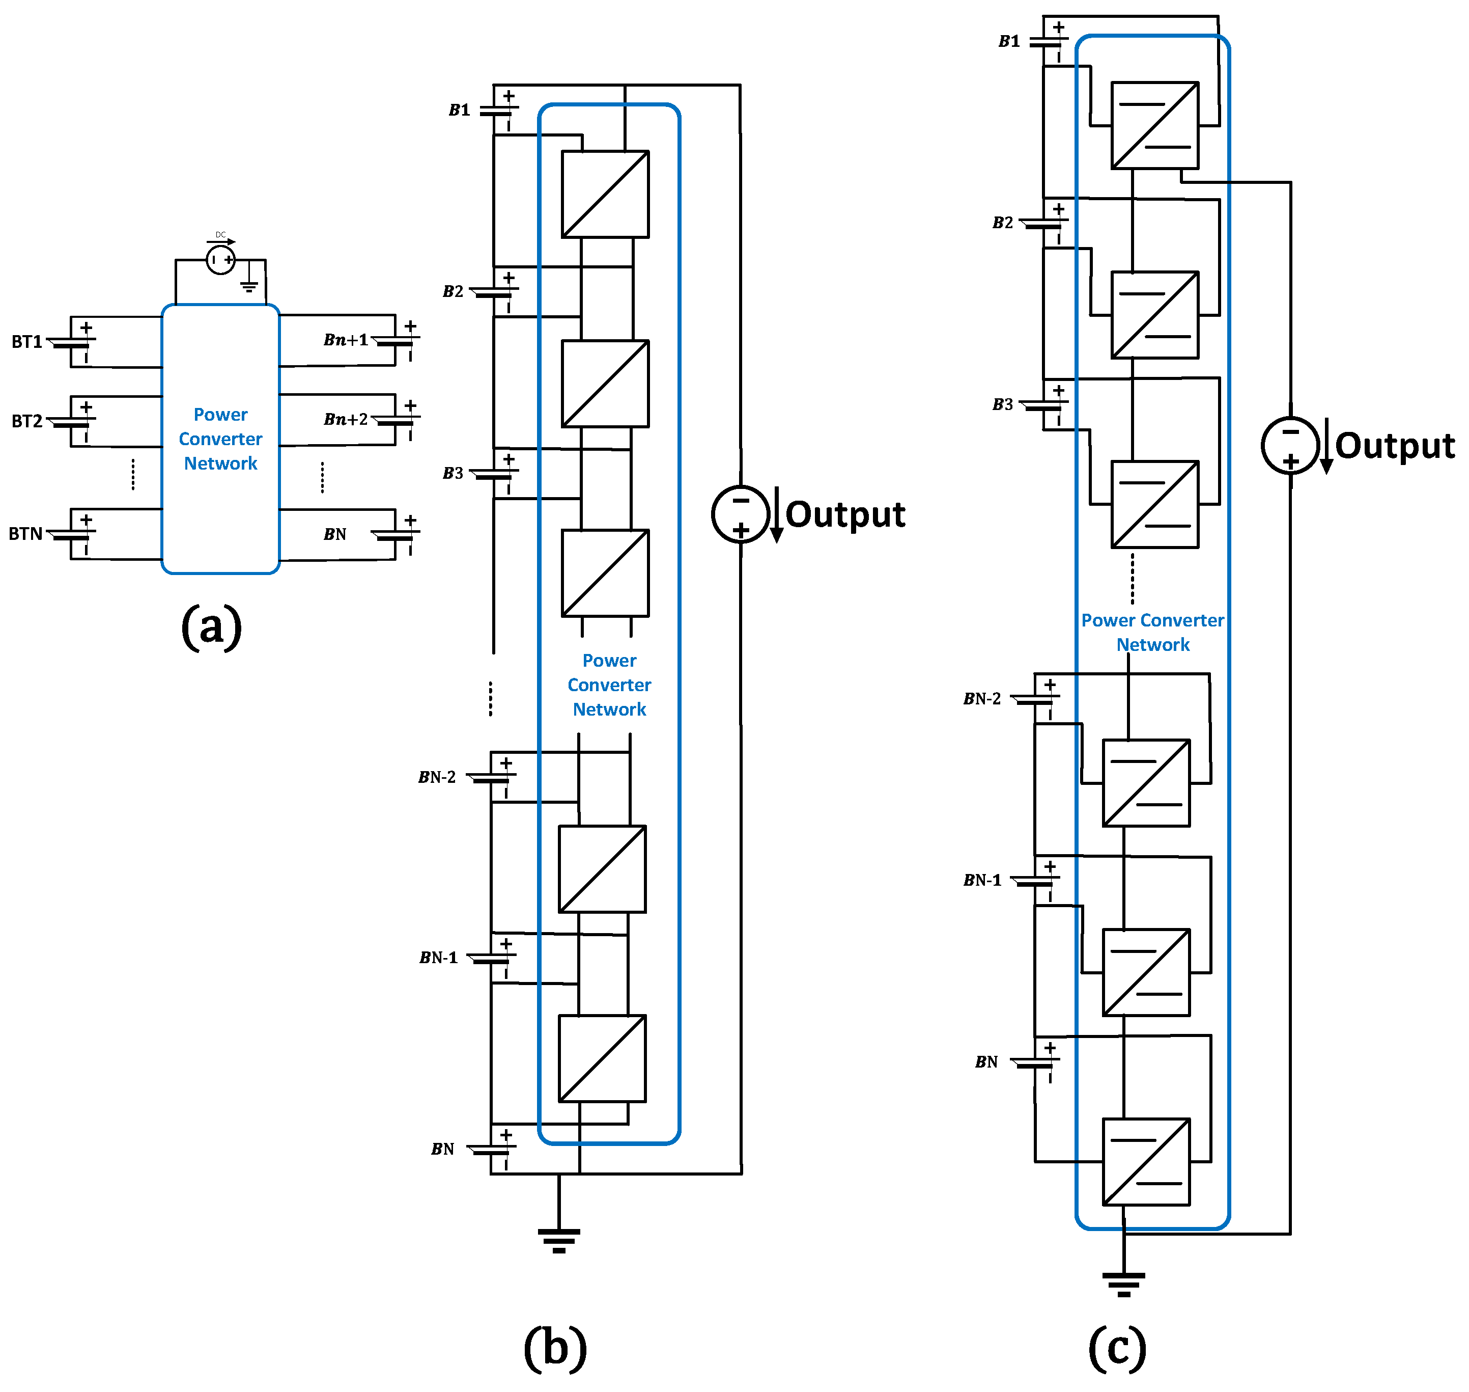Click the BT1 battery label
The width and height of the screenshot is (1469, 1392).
tap(26, 342)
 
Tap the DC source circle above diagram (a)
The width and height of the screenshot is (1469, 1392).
tap(220, 260)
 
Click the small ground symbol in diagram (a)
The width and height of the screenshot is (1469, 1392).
tap(249, 286)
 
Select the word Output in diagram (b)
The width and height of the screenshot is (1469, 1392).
tap(844, 514)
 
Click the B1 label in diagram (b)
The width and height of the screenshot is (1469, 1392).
tap(460, 110)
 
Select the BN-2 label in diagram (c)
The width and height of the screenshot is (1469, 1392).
tap(982, 698)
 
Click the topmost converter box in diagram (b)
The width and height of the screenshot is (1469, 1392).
tap(605, 195)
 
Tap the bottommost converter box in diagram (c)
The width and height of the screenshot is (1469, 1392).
tap(1146, 1161)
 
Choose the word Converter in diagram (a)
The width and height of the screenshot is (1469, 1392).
tap(220, 439)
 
